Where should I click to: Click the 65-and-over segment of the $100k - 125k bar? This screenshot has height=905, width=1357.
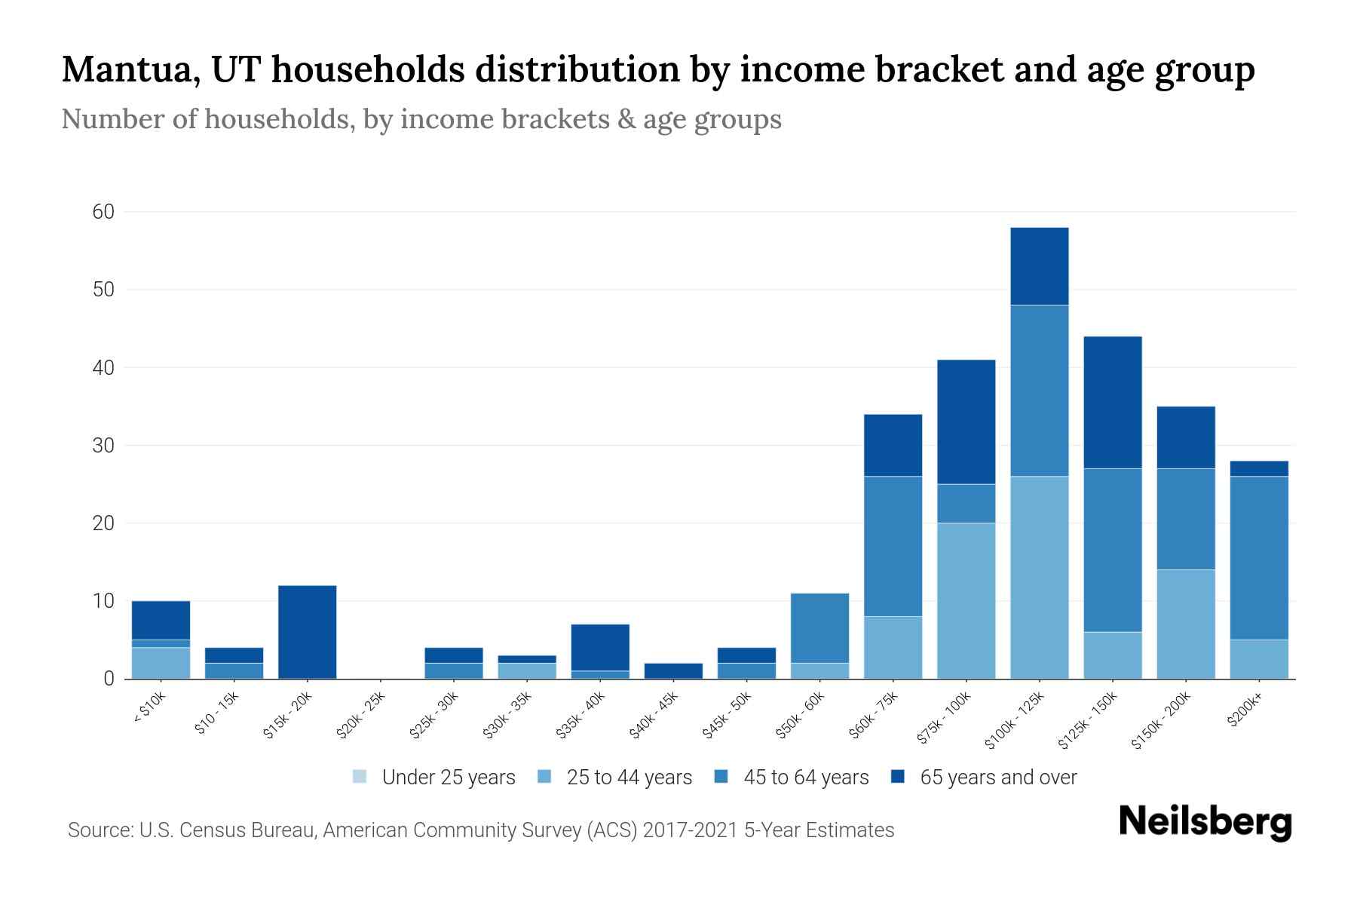pos(1039,266)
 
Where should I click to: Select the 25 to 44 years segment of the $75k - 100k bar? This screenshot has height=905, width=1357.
pos(966,600)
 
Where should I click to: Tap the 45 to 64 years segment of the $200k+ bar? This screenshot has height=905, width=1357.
pos(1258,557)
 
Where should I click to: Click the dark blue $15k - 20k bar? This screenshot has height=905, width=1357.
pos(307,632)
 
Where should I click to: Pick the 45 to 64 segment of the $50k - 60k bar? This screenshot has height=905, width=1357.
pos(819,627)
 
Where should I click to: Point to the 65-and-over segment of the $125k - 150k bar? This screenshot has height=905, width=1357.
pos(1112,402)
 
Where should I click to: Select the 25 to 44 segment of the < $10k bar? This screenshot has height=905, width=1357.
pos(161,663)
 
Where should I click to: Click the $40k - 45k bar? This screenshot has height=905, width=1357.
pos(673,670)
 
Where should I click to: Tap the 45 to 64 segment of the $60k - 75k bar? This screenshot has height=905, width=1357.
pos(893,546)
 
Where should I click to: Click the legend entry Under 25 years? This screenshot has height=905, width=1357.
pos(448,778)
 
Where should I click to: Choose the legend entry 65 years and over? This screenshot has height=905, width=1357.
pos(997,778)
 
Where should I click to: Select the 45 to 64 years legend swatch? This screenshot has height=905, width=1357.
pos(721,777)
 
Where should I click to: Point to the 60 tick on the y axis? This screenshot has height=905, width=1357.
pos(103,212)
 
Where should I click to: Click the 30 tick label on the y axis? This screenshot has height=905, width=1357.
pos(103,446)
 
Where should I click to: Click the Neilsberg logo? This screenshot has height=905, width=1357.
pos(1205,822)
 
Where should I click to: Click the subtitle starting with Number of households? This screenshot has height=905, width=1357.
pos(421,119)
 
